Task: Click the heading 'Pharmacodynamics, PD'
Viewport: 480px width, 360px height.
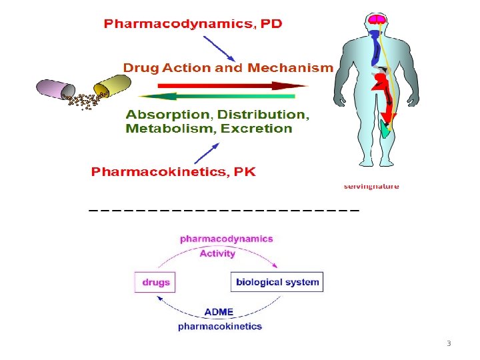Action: coord(193,24)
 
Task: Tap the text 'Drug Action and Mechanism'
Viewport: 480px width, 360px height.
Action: coord(227,68)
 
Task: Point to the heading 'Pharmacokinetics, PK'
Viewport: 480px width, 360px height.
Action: coord(173,172)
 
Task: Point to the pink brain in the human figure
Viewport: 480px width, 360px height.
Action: coord(379,21)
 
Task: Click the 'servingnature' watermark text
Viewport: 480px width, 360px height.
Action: coord(371,187)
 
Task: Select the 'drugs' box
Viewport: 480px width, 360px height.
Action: coord(155,282)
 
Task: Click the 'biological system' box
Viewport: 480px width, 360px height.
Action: coord(277,282)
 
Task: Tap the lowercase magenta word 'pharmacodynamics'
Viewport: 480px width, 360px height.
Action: coord(226,239)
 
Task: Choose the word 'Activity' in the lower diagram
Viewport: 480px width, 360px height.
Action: coord(217,253)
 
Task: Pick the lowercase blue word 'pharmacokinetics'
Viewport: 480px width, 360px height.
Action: coord(220,327)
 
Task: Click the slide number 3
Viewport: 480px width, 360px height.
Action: coord(449,344)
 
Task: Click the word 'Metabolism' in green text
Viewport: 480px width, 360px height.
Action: coord(169,129)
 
